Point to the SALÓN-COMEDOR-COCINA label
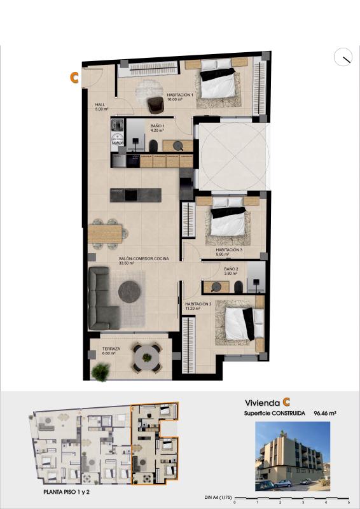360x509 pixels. [x=143, y=258]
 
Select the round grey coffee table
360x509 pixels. [x=131, y=291]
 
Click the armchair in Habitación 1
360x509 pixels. [x=155, y=104]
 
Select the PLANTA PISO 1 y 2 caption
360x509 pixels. [x=69, y=492]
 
